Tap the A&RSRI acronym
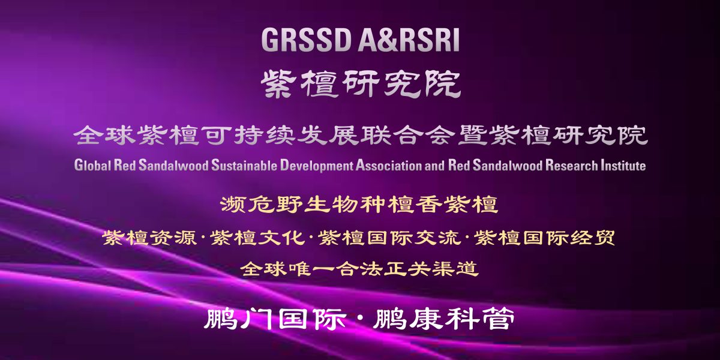pyautogui.click(x=409, y=40)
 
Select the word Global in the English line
pyautogui.click(x=92, y=165)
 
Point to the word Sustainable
pyautogui.click(x=244, y=165)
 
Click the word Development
pyautogui.click(x=316, y=166)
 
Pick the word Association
pyautogui.click(x=388, y=165)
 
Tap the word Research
pyautogui.click(x=571, y=165)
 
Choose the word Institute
pyautogui.click(x=623, y=165)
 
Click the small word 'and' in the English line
pyautogui.click(x=434, y=165)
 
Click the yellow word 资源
pyautogui.click(x=173, y=238)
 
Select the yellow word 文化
pyautogui.click(x=281, y=238)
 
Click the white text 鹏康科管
pyautogui.click(x=444, y=319)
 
